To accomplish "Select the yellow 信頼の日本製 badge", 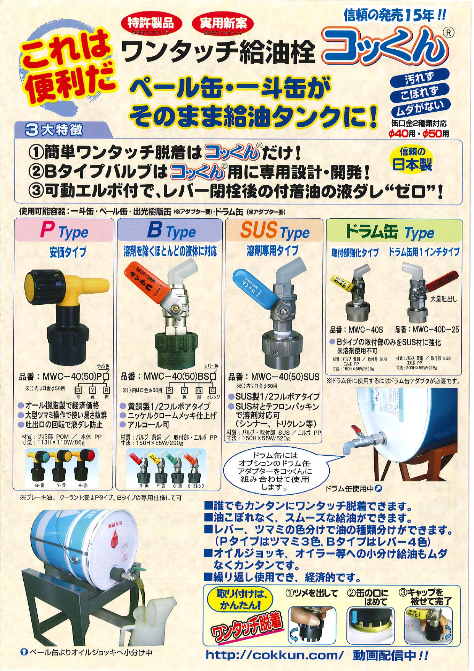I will (x=412, y=160).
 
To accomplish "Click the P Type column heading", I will (x=64, y=231).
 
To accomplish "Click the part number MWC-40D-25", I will (x=427, y=330).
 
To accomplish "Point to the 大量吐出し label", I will (x=443, y=299).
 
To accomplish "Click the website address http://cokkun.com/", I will (x=274, y=655).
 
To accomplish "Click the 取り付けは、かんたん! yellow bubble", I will (x=240, y=600).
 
